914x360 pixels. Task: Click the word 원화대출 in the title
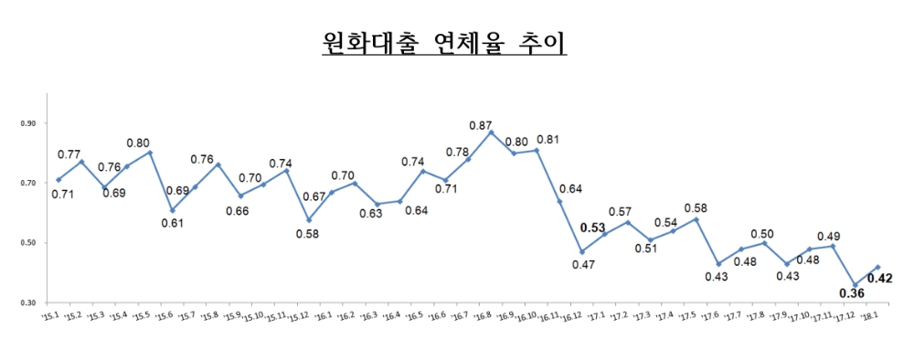click(x=366, y=42)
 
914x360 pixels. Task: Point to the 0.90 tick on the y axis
click(x=27, y=123)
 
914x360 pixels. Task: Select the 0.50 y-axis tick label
click(x=27, y=243)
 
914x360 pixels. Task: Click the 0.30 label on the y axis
click(x=27, y=302)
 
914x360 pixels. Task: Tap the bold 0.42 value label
click(x=881, y=277)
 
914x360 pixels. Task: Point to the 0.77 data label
click(x=70, y=154)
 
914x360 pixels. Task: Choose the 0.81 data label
click(x=548, y=140)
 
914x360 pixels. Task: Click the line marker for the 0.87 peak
click(x=491, y=132)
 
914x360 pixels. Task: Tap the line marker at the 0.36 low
click(x=855, y=285)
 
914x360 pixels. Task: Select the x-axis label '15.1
click(x=50, y=316)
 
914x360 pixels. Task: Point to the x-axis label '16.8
click(x=484, y=316)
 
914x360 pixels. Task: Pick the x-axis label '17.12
click(x=846, y=317)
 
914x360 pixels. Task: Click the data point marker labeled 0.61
click(x=172, y=210)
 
